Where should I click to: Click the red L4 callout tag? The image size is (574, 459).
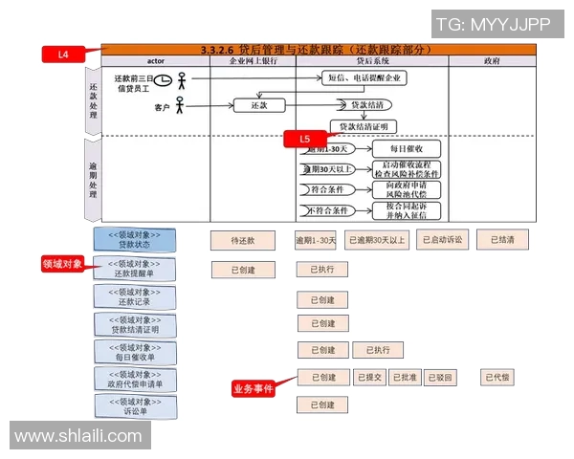(x=63, y=55)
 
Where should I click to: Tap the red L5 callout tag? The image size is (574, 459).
(x=305, y=139)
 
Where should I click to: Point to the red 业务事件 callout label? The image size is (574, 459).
(x=253, y=389)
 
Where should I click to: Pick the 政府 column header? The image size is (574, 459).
(x=492, y=60)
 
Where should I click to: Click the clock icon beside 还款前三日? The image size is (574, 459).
(x=164, y=79)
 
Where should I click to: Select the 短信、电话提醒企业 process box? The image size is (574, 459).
(x=364, y=77)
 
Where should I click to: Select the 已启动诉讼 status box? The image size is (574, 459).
(x=445, y=240)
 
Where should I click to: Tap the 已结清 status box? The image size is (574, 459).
(x=502, y=240)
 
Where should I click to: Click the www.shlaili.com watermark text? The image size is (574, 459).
(x=78, y=436)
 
